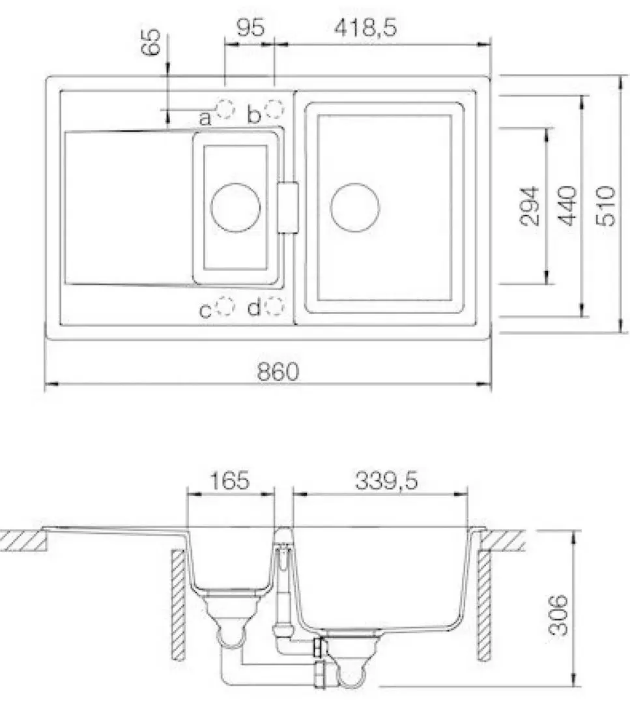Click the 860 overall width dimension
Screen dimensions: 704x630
[278, 372]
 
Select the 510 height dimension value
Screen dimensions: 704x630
[605, 205]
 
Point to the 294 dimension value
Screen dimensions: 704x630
[530, 205]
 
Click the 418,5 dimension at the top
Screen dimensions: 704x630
[365, 28]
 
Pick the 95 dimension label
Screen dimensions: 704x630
[250, 28]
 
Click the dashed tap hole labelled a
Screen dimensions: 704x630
[225, 109]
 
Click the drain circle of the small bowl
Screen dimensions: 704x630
[235, 207]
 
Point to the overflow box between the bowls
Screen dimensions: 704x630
[287, 207]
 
